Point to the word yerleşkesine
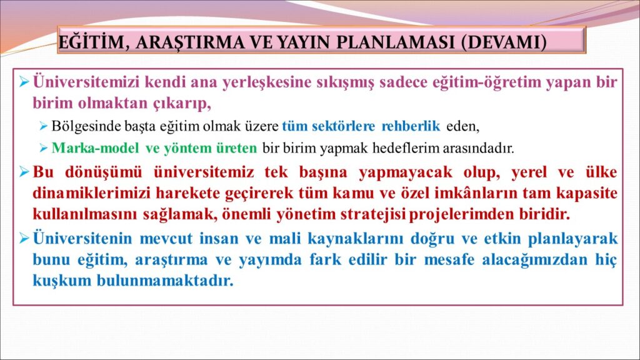[x=267, y=82]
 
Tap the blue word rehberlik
[x=411, y=126]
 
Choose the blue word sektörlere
[x=343, y=126]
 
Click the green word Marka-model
[x=95, y=147]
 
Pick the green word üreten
[x=239, y=147]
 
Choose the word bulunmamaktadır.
[x=165, y=281]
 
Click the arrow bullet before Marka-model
[x=44, y=148]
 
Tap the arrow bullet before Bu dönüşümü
[x=24, y=172]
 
